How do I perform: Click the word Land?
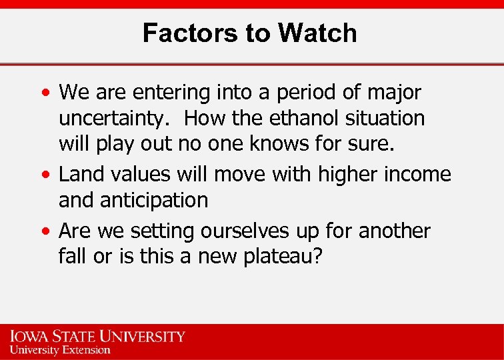click(80, 174)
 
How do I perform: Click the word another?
click(395, 231)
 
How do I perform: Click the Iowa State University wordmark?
click(97, 336)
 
